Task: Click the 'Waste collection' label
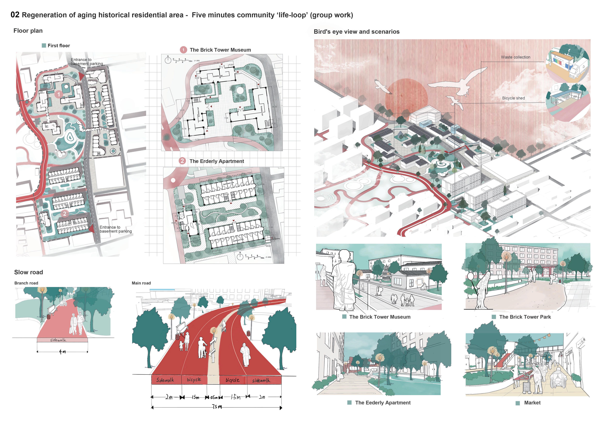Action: click(515, 57)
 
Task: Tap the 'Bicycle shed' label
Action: click(513, 98)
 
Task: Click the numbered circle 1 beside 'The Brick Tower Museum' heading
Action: click(183, 50)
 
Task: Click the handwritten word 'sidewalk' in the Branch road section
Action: click(58, 340)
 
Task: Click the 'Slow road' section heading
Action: click(29, 272)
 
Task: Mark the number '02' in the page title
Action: click(15, 15)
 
